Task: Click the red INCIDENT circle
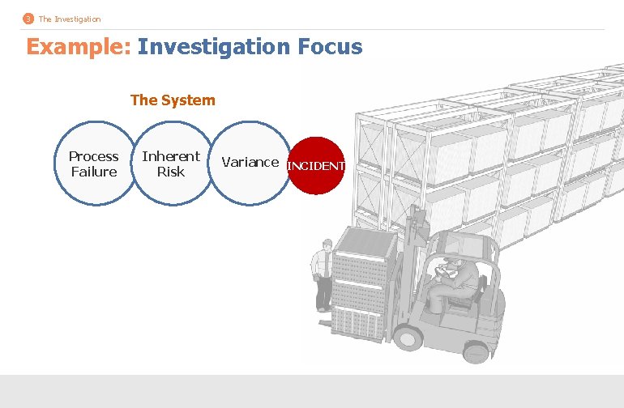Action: pos(317,166)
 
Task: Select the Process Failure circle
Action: pos(94,164)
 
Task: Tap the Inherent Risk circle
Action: pos(170,164)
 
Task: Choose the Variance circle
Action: pos(250,162)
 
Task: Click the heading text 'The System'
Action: pos(173,100)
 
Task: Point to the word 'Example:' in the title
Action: pos(78,47)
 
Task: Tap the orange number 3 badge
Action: pos(28,19)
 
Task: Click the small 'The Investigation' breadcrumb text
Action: pos(70,19)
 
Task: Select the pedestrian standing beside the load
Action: pos(323,276)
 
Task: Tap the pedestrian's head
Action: pos(325,244)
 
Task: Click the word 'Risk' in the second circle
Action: pos(170,172)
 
